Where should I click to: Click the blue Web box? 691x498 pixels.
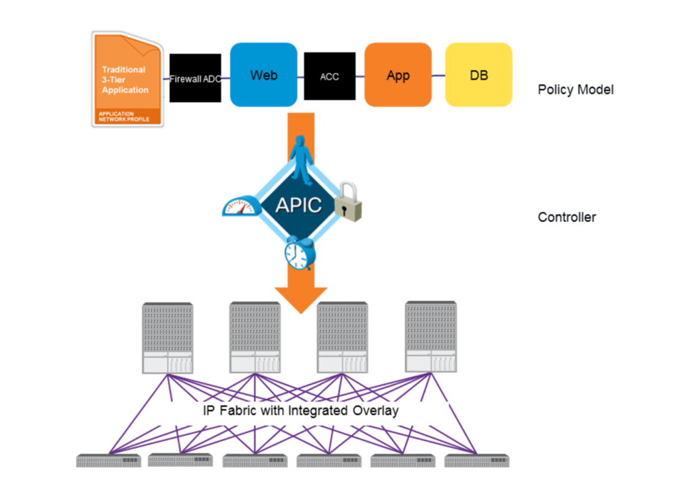coord(263,75)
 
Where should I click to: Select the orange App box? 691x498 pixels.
coord(397,75)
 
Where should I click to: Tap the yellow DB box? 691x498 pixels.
coord(478,75)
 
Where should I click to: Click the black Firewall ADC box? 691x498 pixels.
coord(195,78)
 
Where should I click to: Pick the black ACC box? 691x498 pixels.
coord(329,77)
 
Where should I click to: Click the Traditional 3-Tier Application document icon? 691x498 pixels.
coord(127,81)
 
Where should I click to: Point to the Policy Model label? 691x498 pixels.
coord(576,90)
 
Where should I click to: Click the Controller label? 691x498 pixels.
coord(567,217)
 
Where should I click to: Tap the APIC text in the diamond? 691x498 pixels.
coord(298,205)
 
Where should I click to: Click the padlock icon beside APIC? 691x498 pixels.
coord(350,201)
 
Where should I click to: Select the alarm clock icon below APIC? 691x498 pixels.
coord(297,254)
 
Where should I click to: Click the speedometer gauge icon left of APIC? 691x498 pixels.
coord(241,205)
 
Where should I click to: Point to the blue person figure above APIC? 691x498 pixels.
coord(302,159)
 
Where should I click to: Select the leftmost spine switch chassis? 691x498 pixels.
coord(167,338)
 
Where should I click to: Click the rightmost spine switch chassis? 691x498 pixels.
coord(431,336)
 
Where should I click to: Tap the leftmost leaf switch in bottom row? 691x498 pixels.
coord(109,461)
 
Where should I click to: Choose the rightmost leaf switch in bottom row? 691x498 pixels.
coord(476,461)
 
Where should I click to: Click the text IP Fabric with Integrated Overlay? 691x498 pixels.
coord(301,410)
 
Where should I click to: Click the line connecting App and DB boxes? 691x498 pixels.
coord(438,76)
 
